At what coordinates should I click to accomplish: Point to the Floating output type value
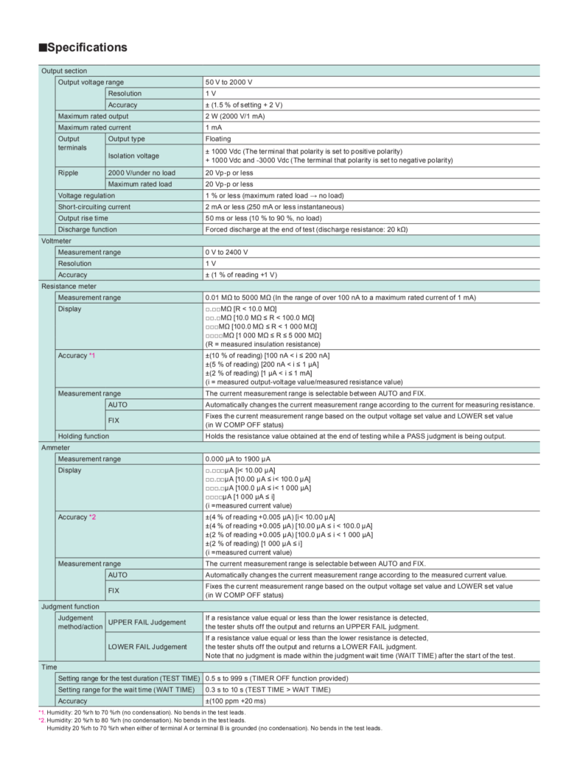coord(217,139)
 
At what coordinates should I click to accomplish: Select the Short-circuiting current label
coord(94,207)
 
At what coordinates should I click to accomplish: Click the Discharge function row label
coord(87,229)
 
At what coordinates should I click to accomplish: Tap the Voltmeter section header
coord(56,241)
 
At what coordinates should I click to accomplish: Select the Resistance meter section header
coord(69,286)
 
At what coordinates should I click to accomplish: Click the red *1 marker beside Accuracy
coord(92,355)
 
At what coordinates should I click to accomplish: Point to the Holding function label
coord(83,436)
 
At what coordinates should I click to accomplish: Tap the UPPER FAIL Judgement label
coord(147,623)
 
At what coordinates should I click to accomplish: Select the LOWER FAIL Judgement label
coord(147,646)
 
